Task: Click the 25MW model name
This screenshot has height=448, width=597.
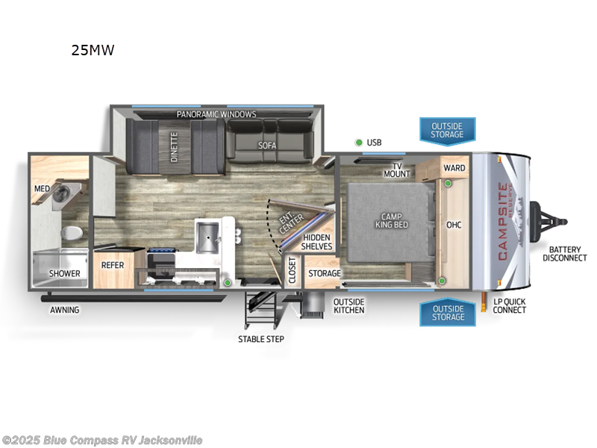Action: (93, 51)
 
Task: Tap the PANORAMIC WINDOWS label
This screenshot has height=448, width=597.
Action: (216, 114)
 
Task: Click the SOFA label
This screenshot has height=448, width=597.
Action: (267, 146)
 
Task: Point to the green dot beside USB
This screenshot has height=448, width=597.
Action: (358, 142)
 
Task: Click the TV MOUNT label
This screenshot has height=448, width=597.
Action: (396, 169)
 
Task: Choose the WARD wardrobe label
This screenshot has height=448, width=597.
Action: (454, 168)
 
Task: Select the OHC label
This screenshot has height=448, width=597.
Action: (454, 224)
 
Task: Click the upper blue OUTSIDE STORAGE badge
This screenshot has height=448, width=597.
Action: (447, 130)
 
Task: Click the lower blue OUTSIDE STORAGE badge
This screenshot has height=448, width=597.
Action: (447, 312)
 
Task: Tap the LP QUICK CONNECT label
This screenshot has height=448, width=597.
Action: (510, 305)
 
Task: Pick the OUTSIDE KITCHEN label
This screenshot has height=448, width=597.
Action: (348, 305)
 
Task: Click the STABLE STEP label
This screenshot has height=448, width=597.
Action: (261, 339)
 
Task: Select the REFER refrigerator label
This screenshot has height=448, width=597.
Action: (113, 265)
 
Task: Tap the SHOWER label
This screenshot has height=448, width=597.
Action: (64, 273)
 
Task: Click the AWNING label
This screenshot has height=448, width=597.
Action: (65, 310)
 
